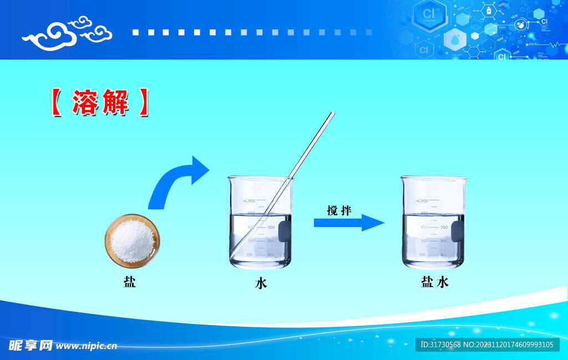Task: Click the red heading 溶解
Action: tap(100, 103)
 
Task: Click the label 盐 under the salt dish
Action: tap(129, 282)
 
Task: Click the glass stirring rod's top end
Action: tap(331, 115)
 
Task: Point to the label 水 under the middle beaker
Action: tap(261, 283)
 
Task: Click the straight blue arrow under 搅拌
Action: tap(348, 223)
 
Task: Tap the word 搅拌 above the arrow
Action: tap(339, 210)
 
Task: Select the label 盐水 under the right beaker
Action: tap(434, 282)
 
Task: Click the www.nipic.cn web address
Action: tap(87, 346)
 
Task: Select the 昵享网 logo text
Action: tap(31, 346)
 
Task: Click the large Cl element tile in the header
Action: tap(429, 15)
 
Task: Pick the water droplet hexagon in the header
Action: tap(455, 39)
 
